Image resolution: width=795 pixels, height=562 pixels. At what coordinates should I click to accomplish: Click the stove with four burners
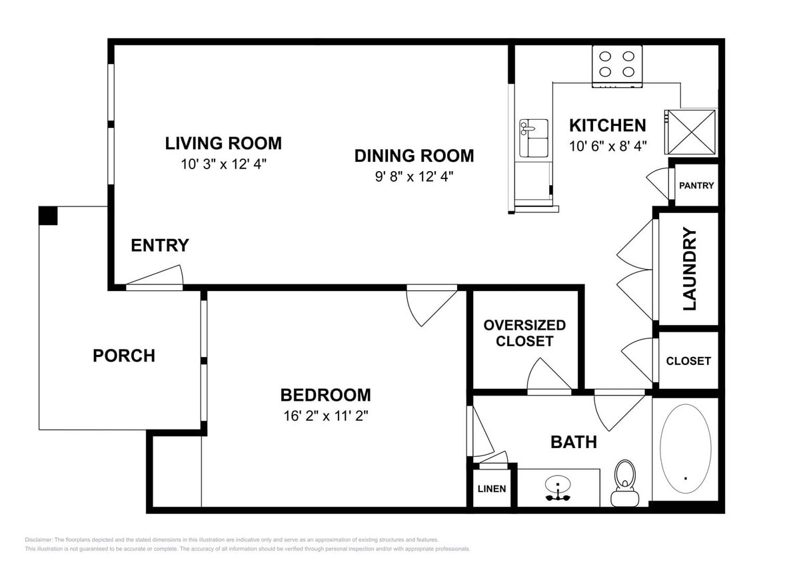[x=617, y=65]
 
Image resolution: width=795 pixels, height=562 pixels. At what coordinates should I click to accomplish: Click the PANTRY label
[x=696, y=185]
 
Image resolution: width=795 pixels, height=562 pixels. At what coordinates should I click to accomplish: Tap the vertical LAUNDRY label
[x=690, y=269]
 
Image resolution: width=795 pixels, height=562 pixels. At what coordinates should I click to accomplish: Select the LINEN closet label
[x=492, y=489]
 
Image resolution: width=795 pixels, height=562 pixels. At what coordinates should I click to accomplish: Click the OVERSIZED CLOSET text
[x=524, y=333]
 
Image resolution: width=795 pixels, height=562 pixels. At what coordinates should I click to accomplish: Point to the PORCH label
[x=124, y=356]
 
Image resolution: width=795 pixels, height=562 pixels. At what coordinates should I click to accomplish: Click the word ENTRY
[x=160, y=246]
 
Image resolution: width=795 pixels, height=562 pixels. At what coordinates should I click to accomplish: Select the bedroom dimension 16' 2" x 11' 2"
[x=325, y=416]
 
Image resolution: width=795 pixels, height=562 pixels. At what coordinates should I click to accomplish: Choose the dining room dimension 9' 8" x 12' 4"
[x=414, y=176]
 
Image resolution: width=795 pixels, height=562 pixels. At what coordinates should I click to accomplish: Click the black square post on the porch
[x=48, y=215]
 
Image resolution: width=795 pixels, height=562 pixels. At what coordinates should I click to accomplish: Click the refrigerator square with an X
[x=690, y=133]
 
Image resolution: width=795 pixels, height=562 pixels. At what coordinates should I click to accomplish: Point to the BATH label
[x=573, y=441]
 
